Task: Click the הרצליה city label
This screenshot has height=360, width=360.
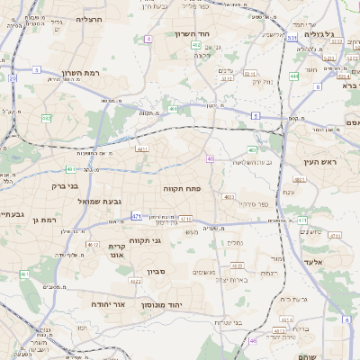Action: pos(90,18)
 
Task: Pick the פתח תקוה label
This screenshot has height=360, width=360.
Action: pos(180,189)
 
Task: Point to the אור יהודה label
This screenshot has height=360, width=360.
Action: pos(109,304)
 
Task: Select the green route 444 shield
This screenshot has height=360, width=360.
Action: pos(295,76)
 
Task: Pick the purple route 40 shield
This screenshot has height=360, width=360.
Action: pos(210,158)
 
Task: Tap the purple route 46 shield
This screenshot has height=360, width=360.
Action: pos(253,340)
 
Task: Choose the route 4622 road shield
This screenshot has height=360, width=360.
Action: pos(136,281)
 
